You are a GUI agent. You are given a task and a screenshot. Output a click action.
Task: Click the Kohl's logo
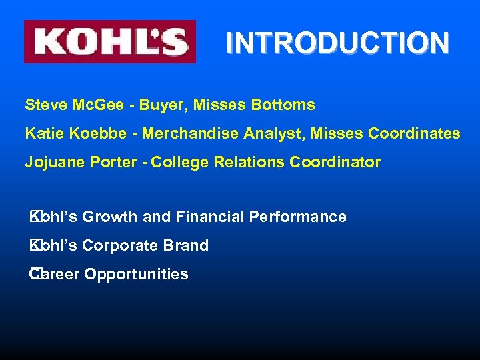(110, 41)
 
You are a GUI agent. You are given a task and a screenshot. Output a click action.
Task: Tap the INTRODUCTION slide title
(337, 43)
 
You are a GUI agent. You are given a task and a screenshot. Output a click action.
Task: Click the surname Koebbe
(93, 133)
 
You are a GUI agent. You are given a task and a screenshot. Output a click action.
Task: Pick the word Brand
(186, 245)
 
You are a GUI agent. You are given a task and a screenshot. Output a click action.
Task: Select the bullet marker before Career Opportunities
(33, 273)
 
